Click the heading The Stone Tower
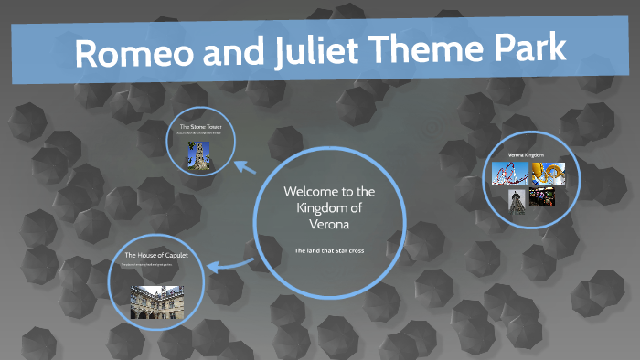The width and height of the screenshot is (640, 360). [x=201, y=126]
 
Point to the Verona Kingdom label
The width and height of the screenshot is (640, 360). [x=526, y=156]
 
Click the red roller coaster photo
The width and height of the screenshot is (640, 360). [x=507, y=173]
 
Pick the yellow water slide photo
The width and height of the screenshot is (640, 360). [x=548, y=173]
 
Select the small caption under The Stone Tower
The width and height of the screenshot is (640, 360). [x=201, y=134]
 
